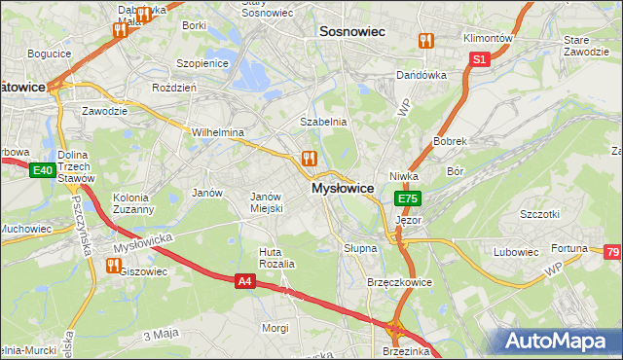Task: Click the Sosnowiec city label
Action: pos(353,32)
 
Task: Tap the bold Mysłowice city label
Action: pos(343,189)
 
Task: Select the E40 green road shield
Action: pos(41,171)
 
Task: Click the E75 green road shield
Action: pos(407,198)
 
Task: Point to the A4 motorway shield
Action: pos(246,280)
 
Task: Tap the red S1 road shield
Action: pos(479,59)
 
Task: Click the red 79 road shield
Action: pos(612,253)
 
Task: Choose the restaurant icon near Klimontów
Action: pos(424,41)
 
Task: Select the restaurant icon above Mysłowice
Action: pos(310,158)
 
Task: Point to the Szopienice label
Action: pos(201,62)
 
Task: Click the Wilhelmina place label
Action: pos(217,132)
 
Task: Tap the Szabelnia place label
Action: pos(323,122)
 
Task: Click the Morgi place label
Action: pos(275,328)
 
